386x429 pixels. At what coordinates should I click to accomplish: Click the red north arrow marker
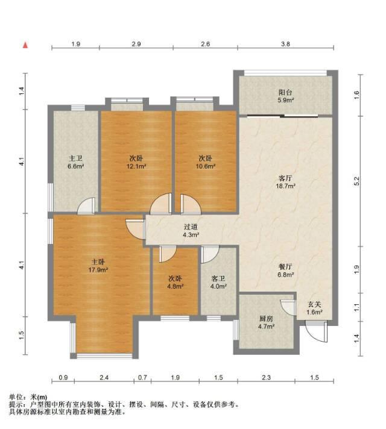(25, 45)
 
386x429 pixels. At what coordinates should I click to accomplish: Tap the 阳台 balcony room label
(285, 92)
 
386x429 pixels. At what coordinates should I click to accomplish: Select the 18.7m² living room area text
(285, 186)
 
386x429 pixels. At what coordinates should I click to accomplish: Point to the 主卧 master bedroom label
(98, 262)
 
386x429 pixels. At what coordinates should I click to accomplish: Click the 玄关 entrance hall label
(314, 304)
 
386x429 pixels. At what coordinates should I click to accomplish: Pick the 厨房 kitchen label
(266, 319)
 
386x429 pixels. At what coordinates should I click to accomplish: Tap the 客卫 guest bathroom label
(218, 279)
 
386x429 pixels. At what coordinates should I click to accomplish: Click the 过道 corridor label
(191, 227)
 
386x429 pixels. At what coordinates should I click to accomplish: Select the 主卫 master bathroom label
(75, 158)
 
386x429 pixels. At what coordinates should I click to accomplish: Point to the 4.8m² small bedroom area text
(175, 286)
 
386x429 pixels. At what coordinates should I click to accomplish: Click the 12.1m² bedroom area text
(136, 166)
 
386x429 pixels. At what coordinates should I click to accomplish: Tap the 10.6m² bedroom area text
(206, 166)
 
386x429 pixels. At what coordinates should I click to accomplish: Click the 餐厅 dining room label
(285, 266)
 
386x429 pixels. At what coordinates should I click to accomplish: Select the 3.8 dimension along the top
(285, 44)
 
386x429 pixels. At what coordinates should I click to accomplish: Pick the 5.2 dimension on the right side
(356, 181)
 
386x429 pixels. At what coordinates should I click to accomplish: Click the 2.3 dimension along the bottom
(266, 378)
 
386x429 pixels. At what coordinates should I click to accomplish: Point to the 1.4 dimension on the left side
(22, 91)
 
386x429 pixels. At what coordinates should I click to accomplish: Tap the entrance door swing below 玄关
(317, 331)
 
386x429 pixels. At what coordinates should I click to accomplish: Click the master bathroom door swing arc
(86, 205)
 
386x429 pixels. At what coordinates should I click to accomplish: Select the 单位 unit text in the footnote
(16, 396)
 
